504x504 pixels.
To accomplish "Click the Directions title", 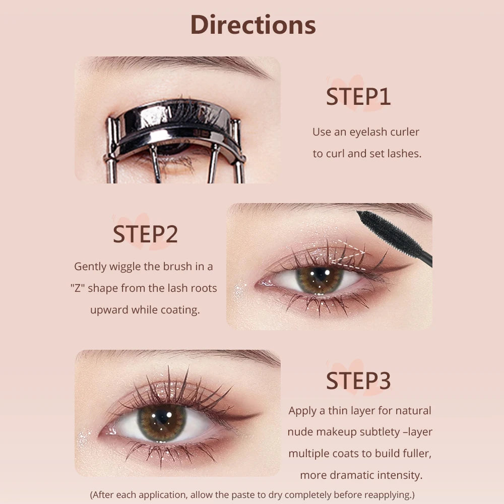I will (253, 25).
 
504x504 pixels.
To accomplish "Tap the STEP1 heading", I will (358, 97).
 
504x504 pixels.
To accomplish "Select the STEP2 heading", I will (145, 234).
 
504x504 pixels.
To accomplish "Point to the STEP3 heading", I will (358, 381).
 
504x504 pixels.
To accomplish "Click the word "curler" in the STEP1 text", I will (403, 132).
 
